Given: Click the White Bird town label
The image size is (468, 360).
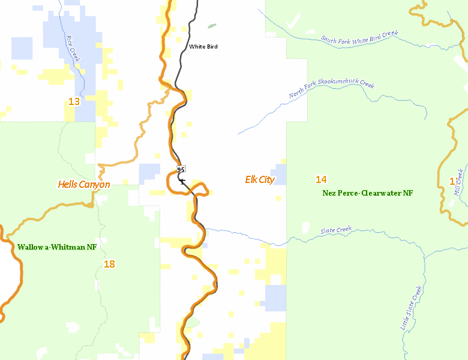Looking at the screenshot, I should (x=203, y=46).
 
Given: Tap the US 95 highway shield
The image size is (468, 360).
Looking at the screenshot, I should (x=181, y=169).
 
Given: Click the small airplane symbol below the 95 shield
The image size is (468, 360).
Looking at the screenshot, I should (x=182, y=181).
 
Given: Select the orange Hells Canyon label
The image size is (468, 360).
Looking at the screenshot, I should (x=84, y=184).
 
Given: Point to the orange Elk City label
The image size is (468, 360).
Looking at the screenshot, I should (x=260, y=179).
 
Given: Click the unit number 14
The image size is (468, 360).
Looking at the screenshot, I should (x=321, y=179).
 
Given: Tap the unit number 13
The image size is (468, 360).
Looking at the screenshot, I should (x=74, y=101).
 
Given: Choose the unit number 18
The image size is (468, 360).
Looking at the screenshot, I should (x=109, y=263).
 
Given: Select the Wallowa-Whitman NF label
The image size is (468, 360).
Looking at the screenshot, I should (x=57, y=247).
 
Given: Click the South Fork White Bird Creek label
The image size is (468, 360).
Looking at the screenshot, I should (x=359, y=37).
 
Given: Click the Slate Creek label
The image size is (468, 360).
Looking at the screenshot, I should (x=336, y=231).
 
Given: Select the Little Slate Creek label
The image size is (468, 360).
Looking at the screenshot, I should (x=412, y=308).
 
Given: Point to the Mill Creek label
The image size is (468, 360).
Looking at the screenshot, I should (x=459, y=181).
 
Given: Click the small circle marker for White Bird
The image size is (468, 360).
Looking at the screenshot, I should (x=187, y=52).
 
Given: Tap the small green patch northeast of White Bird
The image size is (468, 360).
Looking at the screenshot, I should (x=211, y=26).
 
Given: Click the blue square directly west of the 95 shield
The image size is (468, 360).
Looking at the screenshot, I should (x=149, y=174).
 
